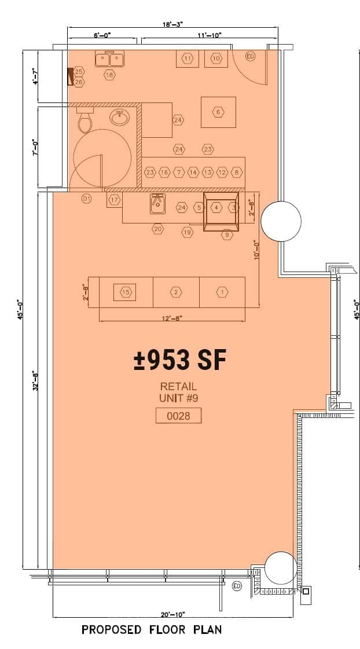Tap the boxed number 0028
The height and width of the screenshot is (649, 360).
[178, 416]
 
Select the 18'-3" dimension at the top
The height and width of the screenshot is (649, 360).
[173, 25]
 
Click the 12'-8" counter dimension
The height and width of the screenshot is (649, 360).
[172, 317]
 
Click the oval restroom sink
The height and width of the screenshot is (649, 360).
[120, 117]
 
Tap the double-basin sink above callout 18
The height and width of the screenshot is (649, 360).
[109, 59]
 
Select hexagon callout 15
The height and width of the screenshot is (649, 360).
[126, 292]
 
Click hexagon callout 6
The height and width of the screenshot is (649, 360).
[218, 112]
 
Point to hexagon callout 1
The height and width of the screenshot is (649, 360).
[222, 292]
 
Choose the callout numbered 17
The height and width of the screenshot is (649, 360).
[115, 200]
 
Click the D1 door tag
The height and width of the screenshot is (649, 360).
[86, 200]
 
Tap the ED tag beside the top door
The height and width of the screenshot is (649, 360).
[251, 57]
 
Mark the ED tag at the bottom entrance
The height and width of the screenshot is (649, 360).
[237, 586]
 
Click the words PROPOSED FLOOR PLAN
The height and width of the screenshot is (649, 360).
[152, 629]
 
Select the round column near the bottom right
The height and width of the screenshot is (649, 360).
[281, 568]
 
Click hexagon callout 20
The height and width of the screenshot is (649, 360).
[157, 229]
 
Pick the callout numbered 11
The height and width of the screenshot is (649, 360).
[188, 58]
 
